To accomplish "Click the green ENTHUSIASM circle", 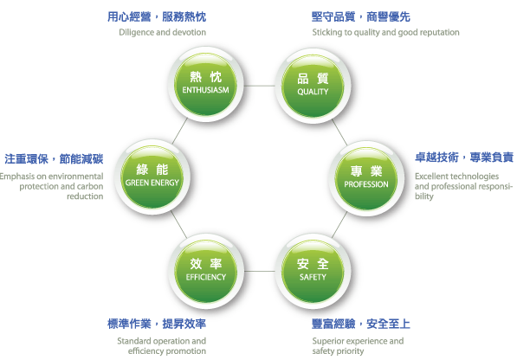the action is (x=206, y=85).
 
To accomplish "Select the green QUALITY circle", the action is (x=313, y=86).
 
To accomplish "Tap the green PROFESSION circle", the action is (x=366, y=179).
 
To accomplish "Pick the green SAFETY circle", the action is (x=313, y=272).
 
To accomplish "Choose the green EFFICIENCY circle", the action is (x=206, y=272).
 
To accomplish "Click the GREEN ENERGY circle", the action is (x=152, y=177).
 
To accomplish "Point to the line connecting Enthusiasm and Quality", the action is (x=260, y=86).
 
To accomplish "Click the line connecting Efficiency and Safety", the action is (x=260, y=272).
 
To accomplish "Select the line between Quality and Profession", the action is (x=339, y=132).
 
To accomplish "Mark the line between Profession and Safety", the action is (x=339, y=225).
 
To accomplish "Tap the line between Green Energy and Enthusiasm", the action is (x=180, y=131).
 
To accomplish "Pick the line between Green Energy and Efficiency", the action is (x=179, y=224).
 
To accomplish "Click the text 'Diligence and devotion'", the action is (x=163, y=32).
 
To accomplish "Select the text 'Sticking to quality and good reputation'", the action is (x=385, y=33).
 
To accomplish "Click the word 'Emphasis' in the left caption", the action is (x=14, y=177).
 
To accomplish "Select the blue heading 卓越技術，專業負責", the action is (x=464, y=157).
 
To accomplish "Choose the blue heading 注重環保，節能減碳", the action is (x=54, y=159).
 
